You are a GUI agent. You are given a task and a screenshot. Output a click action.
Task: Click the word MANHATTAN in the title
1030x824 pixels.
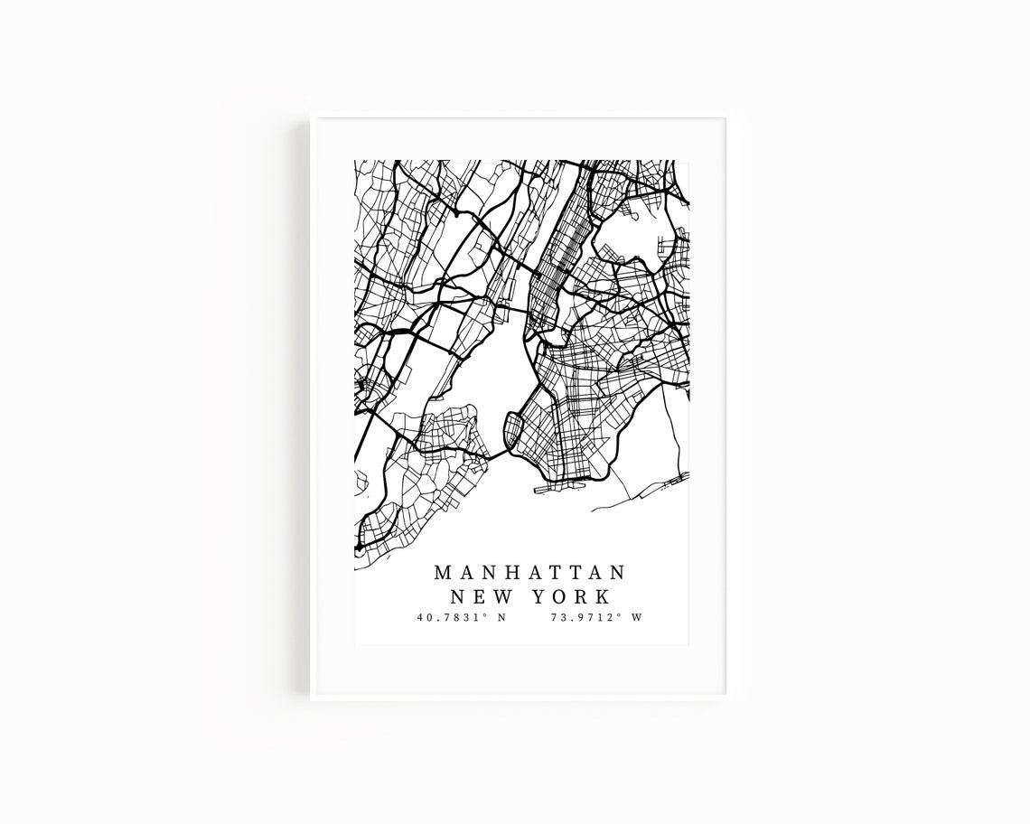point(530,573)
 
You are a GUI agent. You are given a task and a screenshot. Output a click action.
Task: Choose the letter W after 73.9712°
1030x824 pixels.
point(637,618)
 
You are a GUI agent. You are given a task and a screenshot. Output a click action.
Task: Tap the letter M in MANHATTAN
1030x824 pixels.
point(443,573)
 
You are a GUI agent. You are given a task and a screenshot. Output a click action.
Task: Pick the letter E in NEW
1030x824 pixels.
point(479,596)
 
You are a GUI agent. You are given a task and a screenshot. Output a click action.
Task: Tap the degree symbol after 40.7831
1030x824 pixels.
point(485,615)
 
